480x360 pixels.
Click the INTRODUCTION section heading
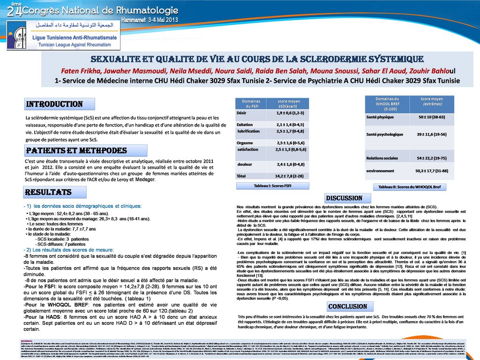tap(54, 104)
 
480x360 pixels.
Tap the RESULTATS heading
tap(49, 192)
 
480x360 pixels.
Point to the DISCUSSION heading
tap(344, 198)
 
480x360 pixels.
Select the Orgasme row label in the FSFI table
tap(245, 142)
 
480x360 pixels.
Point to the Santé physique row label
tap(380, 116)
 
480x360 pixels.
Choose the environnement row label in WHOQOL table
tap(380, 171)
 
